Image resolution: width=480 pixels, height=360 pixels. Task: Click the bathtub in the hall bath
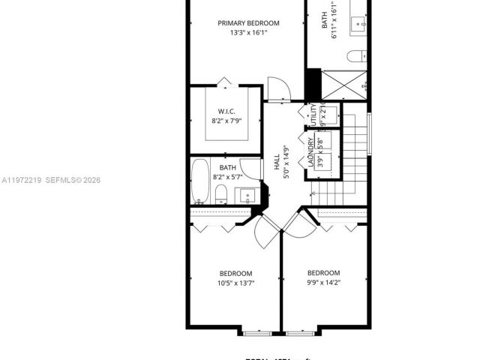pyautogui.click(x=199, y=181)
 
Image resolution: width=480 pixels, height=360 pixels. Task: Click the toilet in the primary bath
pyautogui.click(x=358, y=55)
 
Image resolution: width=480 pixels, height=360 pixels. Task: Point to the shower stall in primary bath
pyautogui.click(x=344, y=85)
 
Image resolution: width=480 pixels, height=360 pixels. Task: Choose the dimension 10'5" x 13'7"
pyautogui.click(x=235, y=283)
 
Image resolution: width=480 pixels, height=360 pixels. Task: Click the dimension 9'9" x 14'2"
pyautogui.click(x=323, y=283)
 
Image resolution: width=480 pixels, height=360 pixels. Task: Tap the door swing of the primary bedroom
pyautogui.click(x=277, y=88)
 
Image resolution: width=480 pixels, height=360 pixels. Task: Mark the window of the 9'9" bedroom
pyautogui.click(x=303, y=331)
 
